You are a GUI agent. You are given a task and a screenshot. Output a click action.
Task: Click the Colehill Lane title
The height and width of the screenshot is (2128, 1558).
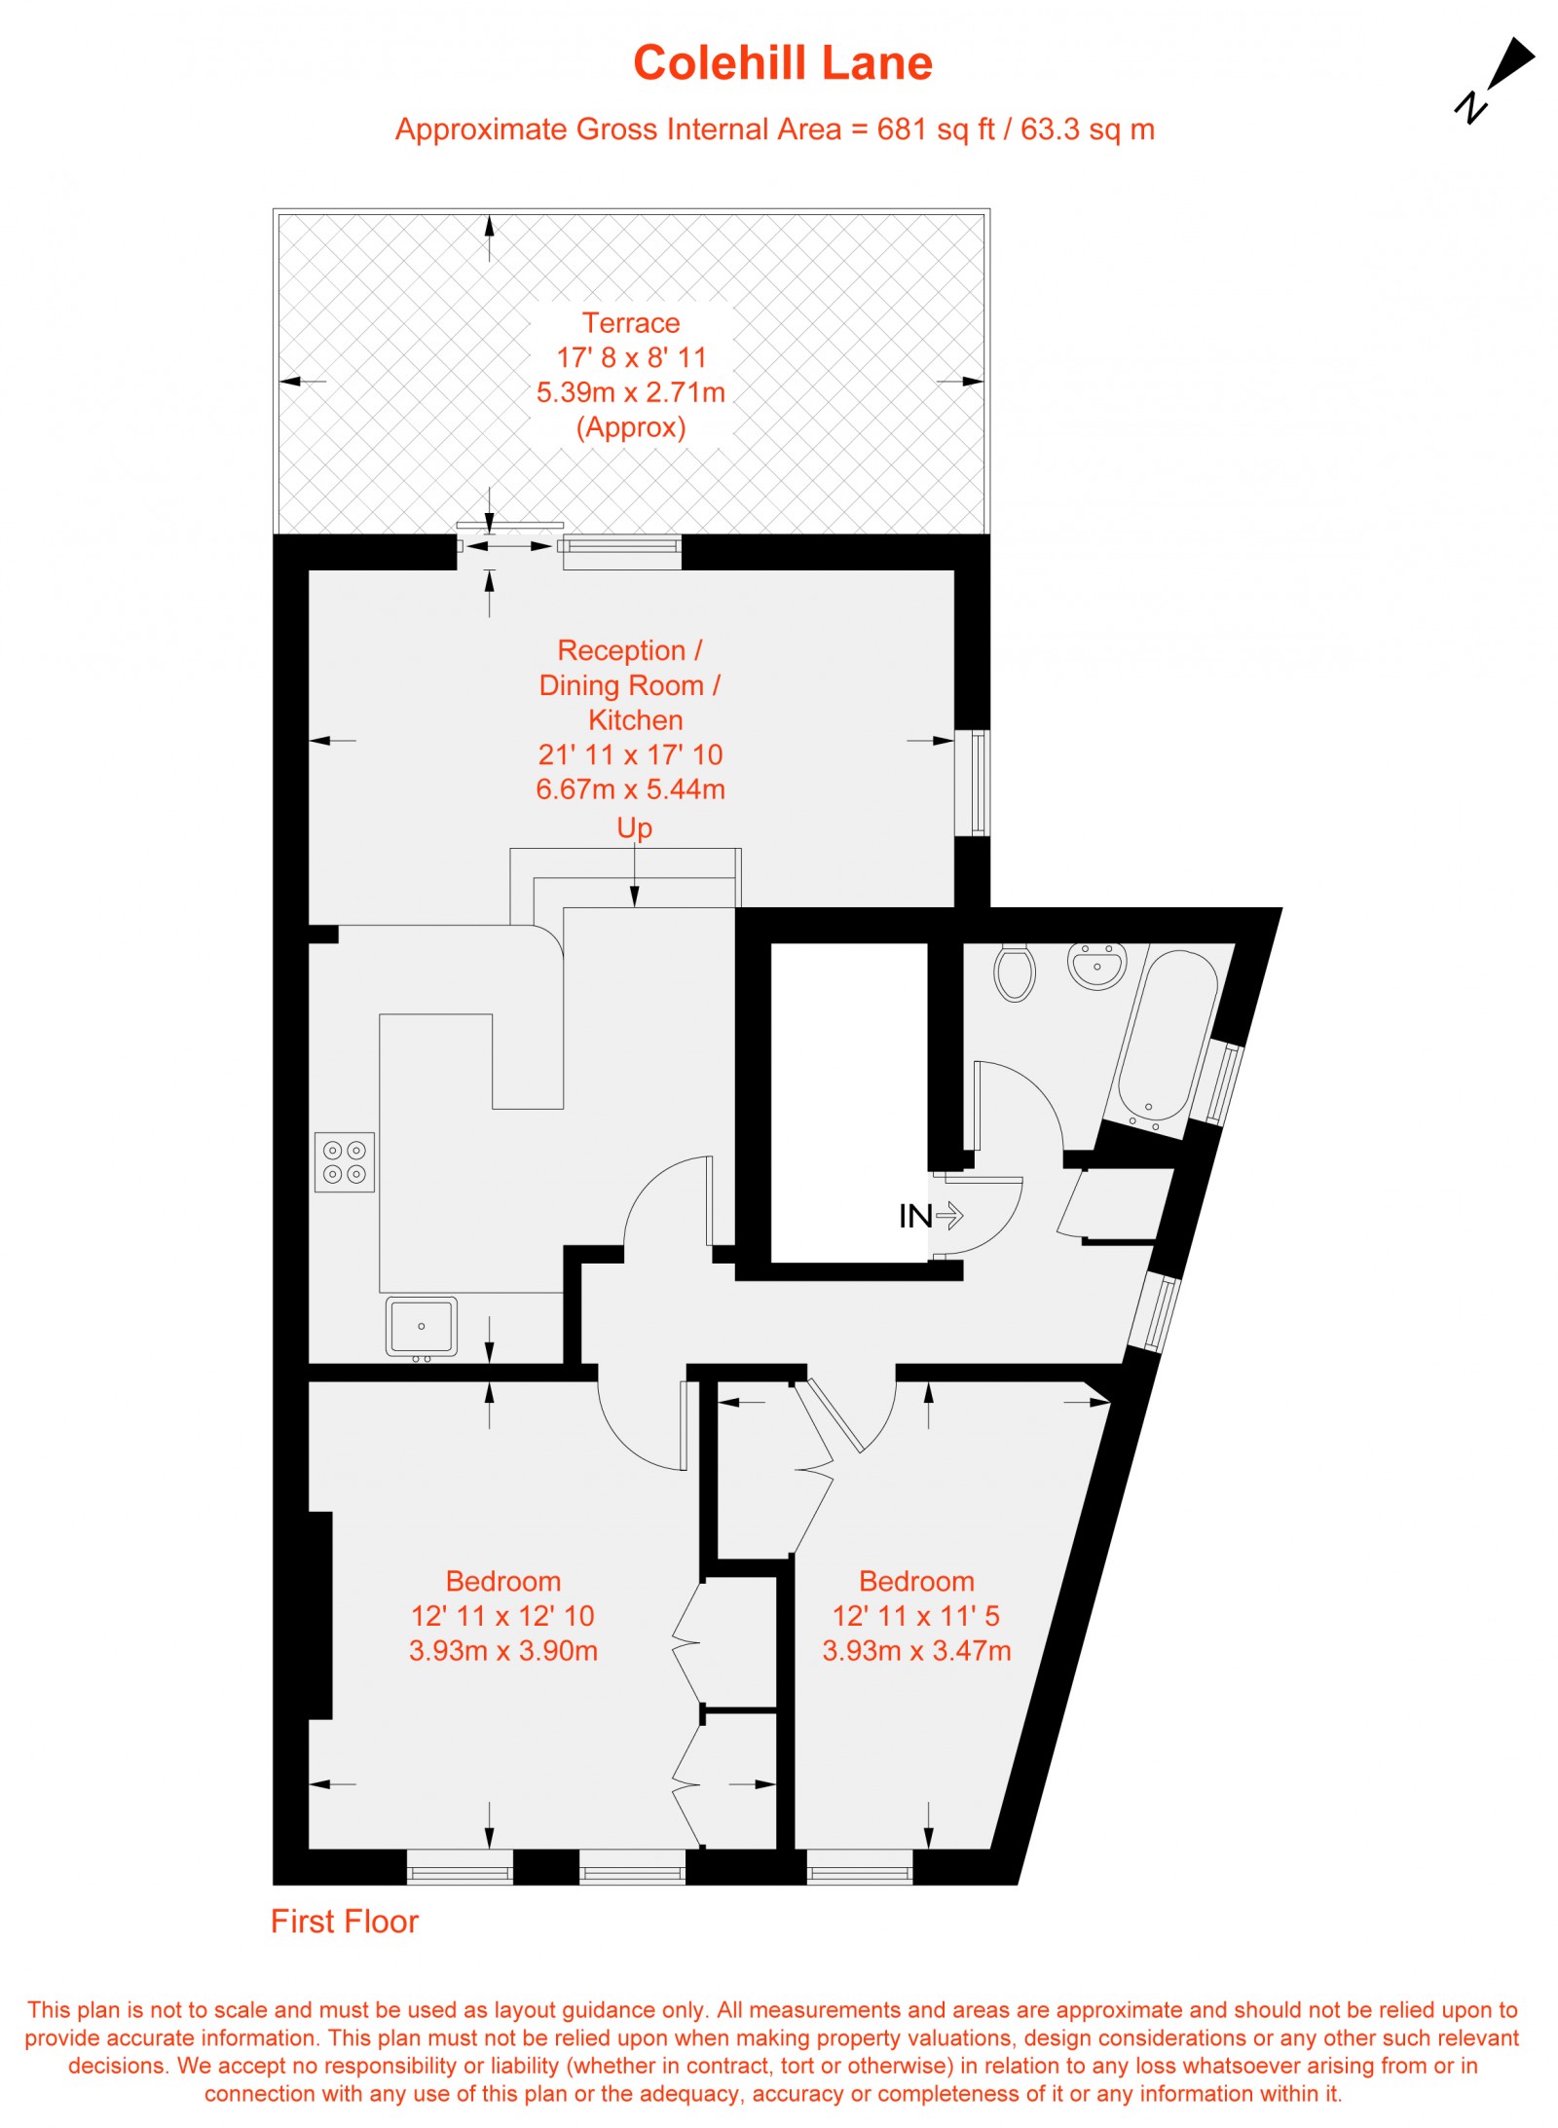tap(782, 63)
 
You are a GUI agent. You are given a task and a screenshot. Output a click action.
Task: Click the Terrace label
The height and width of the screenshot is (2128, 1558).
tap(631, 322)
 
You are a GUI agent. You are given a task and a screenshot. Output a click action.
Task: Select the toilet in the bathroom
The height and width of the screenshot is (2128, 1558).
tap(1014, 972)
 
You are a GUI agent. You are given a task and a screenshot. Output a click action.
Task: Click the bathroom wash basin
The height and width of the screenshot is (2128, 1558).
tap(1096, 965)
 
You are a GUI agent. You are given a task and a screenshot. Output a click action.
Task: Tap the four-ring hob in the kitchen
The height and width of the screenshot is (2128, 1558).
tap(345, 1161)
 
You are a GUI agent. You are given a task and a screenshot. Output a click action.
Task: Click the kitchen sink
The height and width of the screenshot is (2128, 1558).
tap(421, 1326)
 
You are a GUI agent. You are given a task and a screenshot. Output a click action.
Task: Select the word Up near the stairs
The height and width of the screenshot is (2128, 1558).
tap(634, 827)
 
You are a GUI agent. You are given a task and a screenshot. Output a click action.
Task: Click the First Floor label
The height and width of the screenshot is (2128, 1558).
tap(344, 1921)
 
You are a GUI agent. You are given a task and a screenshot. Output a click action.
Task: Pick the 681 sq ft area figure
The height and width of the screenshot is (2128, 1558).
tap(935, 129)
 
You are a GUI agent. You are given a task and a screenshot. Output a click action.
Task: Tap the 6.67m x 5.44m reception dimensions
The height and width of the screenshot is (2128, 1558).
tap(631, 789)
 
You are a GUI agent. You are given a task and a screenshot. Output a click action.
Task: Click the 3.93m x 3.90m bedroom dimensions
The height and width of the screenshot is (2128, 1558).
tap(502, 1650)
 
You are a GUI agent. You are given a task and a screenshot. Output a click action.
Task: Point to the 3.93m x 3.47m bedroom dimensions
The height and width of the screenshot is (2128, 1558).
tap(916, 1650)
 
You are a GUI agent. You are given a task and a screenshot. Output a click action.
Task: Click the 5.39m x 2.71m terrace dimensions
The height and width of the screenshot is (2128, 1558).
tap(631, 392)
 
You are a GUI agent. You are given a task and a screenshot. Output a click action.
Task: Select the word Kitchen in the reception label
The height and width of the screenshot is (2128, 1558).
tap(635, 719)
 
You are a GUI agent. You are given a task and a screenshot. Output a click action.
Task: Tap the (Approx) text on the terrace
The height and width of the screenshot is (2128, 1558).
tap(631, 427)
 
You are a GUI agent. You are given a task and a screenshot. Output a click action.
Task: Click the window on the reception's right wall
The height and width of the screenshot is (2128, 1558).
tap(974, 783)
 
